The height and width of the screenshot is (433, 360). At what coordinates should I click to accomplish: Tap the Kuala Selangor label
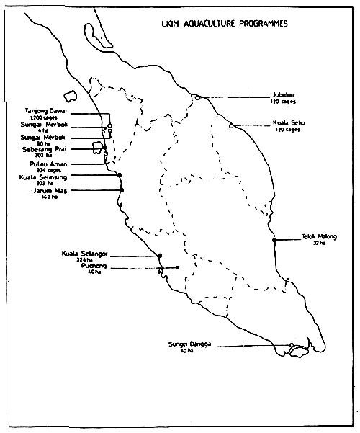(84, 253)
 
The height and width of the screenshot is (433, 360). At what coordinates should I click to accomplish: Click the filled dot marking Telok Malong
(274, 241)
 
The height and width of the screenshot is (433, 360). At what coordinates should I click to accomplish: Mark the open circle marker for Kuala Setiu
(231, 126)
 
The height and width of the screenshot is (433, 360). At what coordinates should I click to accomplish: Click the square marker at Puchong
(177, 268)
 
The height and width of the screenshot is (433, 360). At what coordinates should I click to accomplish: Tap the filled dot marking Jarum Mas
(122, 189)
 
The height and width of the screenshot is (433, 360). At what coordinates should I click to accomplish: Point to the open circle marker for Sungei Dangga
(291, 346)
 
